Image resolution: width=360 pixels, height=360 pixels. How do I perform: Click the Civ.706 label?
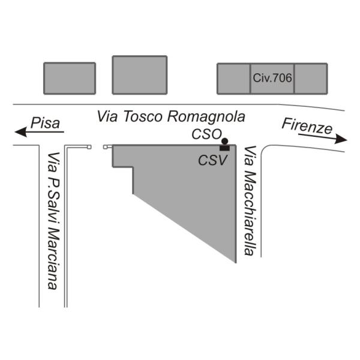(x=272, y=78)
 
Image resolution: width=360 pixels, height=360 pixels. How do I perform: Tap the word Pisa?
(x=45, y=123)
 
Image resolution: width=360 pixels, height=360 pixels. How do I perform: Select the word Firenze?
(x=307, y=126)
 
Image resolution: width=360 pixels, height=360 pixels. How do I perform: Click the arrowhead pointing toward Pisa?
(x=21, y=132)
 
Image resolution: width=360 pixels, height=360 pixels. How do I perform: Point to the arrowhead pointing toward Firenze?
(x=341, y=139)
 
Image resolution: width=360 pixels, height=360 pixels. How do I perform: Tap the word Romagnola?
(x=206, y=118)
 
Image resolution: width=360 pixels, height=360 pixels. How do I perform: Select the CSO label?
(x=206, y=134)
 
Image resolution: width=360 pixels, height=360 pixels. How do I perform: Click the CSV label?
(x=212, y=160)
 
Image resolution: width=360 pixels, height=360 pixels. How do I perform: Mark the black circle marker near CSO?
(x=225, y=141)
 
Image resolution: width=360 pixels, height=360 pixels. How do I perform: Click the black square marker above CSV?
(x=224, y=148)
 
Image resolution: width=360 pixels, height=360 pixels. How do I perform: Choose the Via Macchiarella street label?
(x=250, y=200)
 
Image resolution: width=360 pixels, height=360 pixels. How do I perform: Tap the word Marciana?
(x=53, y=260)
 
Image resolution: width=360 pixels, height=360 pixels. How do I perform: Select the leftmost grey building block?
(x=70, y=78)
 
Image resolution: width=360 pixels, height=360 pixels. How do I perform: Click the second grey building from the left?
(x=140, y=75)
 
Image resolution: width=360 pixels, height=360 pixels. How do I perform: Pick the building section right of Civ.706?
(x=311, y=79)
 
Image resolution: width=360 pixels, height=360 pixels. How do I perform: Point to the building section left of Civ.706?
(x=233, y=79)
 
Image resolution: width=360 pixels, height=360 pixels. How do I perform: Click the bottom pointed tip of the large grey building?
(x=236, y=263)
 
